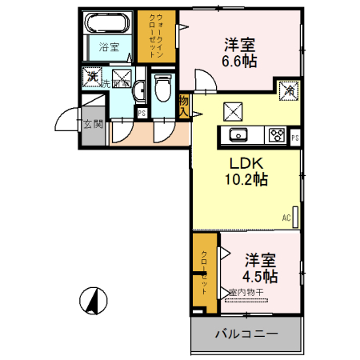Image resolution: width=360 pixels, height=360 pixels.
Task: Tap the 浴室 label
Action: [x=109, y=47]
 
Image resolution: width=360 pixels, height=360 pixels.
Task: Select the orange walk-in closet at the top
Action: [x=156, y=36]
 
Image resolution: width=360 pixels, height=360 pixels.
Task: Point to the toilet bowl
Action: [x=163, y=88]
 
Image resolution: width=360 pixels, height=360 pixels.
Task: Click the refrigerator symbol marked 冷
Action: [x=286, y=92]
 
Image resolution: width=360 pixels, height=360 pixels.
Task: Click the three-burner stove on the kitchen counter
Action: [x=277, y=134]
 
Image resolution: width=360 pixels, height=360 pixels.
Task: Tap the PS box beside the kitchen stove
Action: [x=295, y=138]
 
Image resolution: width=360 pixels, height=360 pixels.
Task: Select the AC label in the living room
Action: [x=286, y=217]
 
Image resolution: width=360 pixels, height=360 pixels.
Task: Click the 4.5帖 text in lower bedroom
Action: [x=261, y=277]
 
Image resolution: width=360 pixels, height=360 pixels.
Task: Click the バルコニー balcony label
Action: [x=246, y=334]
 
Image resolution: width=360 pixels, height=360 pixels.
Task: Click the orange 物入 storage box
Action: [x=184, y=106]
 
